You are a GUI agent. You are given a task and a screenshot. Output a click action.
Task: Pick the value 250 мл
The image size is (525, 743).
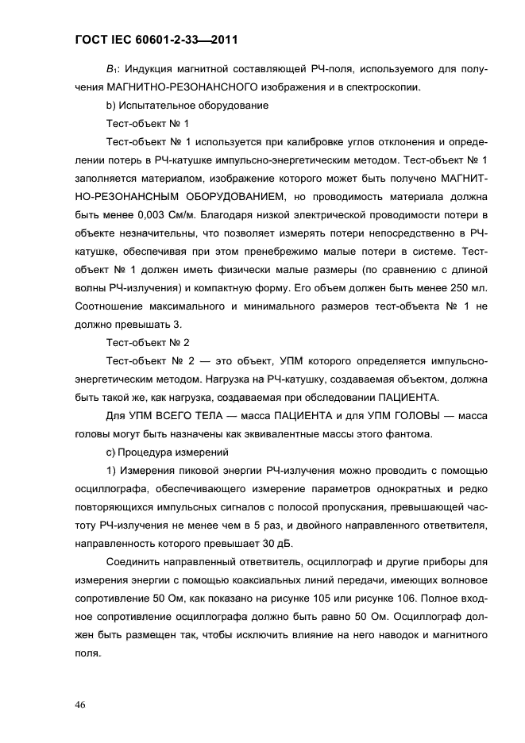point(469,287)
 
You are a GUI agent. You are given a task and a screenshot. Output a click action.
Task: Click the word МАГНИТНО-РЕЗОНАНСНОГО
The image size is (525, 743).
point(179,87)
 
